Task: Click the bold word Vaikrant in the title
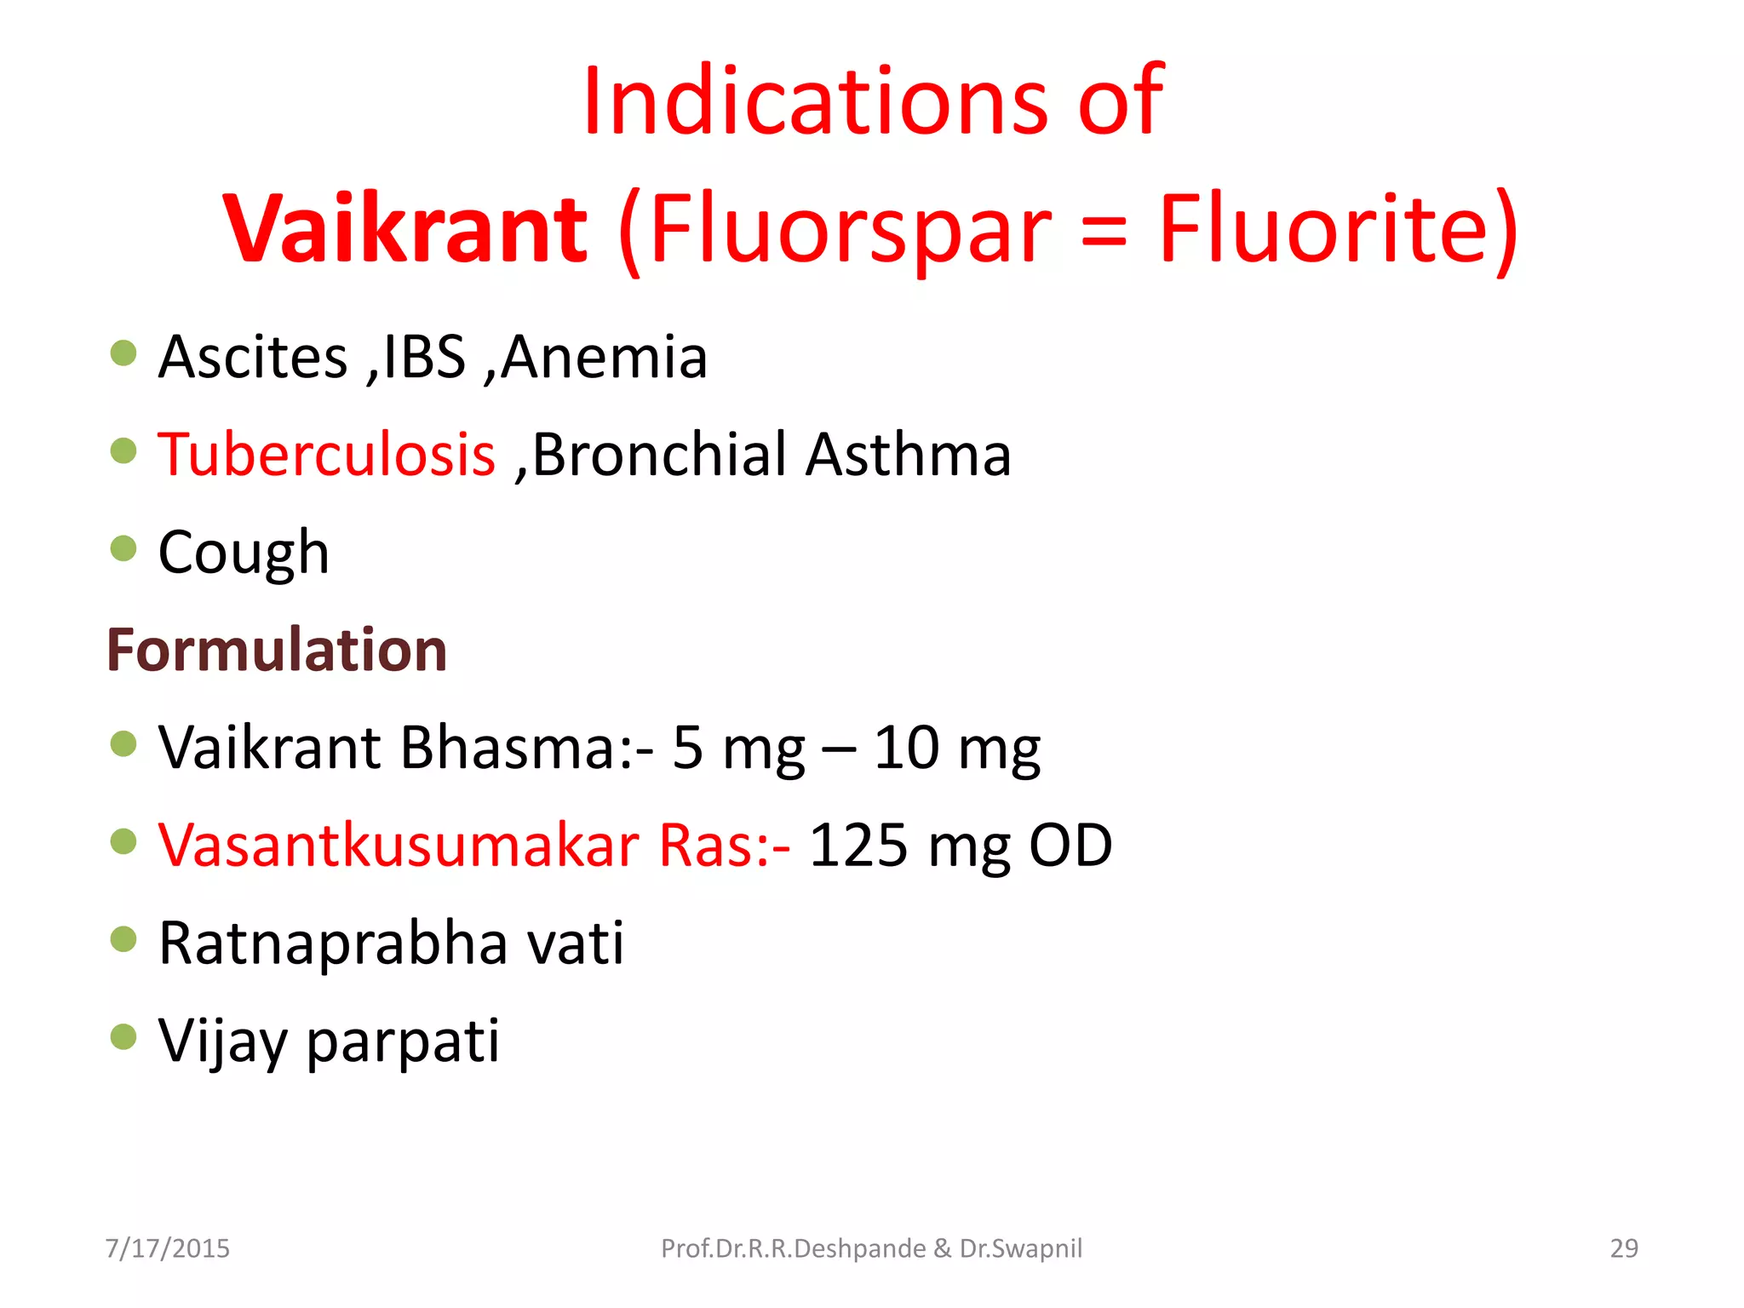[405, 228]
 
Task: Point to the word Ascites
[253, 357]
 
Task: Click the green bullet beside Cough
[123, 548]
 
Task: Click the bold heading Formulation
[277, 650]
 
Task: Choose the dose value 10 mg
[956, 748]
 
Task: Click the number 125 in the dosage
[858, 846]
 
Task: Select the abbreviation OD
[1070, 846]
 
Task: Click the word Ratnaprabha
[333, 944]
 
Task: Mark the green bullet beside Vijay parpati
[123, 1036]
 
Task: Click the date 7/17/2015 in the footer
[168, 1248]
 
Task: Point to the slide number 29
[1624, 1248]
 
